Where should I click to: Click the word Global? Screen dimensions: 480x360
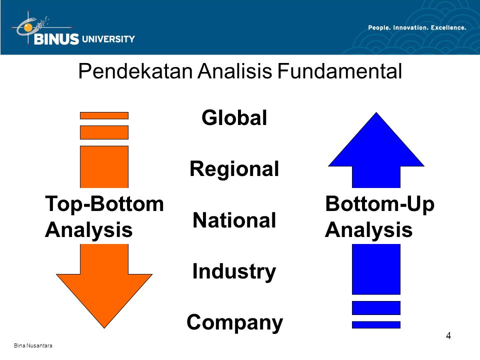click(234, 117)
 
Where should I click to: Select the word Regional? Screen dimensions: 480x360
click(234, 169)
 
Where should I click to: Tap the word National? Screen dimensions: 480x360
click(234, 220)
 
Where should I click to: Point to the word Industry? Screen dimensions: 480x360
click(234, 272)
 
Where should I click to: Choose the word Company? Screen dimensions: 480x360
click(235, 323)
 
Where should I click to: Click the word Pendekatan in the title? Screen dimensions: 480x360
click(135, 71)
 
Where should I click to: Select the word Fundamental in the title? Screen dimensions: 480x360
click(339, 71)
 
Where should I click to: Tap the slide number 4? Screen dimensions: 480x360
click(448, 336)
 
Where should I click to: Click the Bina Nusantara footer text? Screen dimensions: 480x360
click(33, 345)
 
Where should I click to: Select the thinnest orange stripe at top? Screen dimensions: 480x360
click(104, 115)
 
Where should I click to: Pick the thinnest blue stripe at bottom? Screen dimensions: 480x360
click(376, 325)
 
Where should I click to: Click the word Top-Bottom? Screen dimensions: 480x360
click(104, 204)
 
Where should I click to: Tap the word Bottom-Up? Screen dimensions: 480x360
click(380, 204)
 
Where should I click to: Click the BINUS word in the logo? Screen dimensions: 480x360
click(56, 39)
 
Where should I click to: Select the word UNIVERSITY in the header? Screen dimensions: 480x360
click(108, 39)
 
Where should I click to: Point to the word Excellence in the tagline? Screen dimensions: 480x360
click(448, 27)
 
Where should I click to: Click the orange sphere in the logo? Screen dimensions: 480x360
click(28, 27)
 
